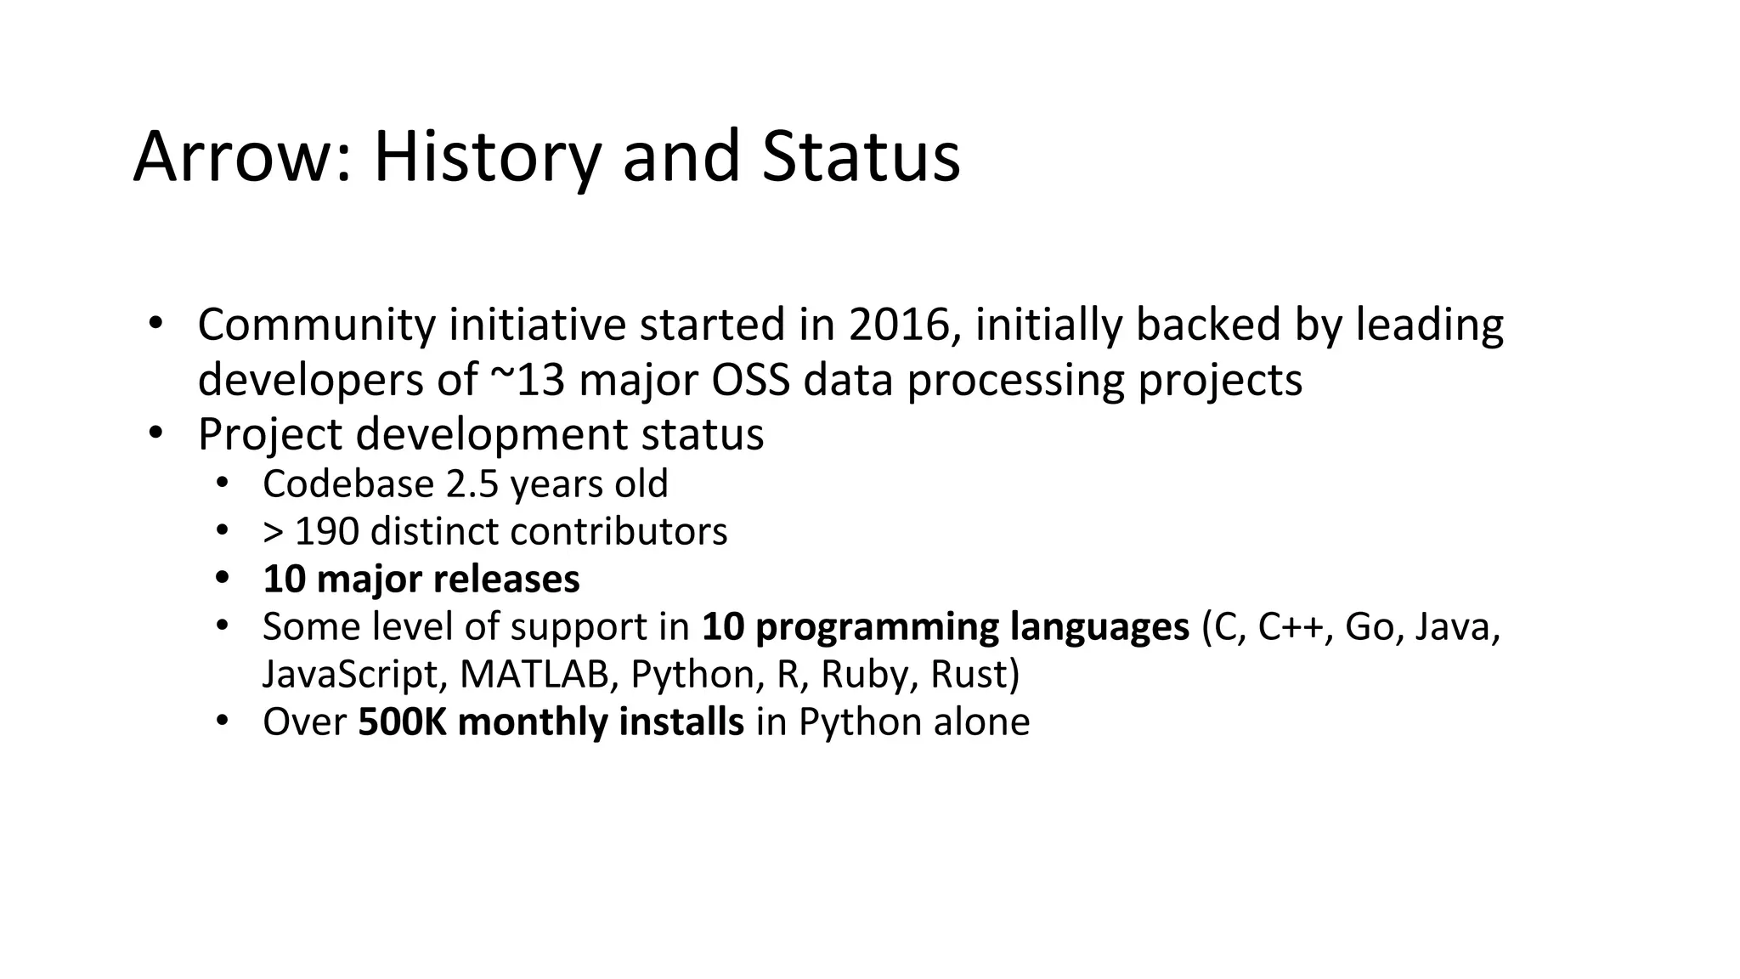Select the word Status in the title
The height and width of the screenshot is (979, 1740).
[x=861, y=157]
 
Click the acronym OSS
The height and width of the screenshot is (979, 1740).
[x=750, y=380]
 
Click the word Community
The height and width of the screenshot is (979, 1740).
[x=316, y=325]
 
